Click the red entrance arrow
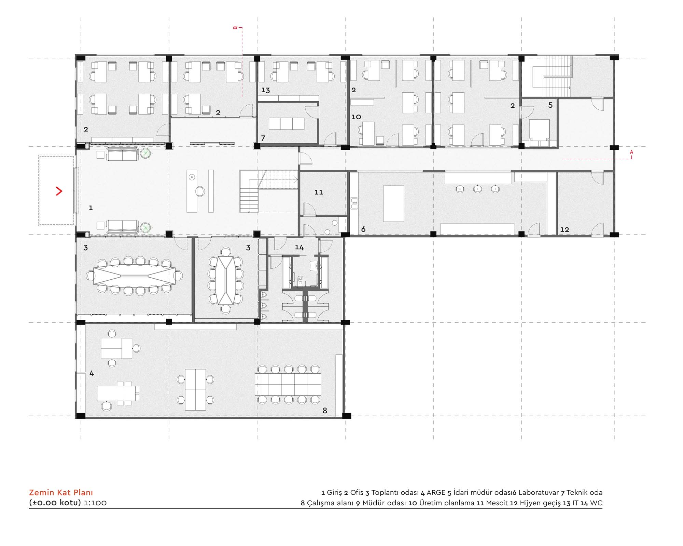(59, 191)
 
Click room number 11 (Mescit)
(319, 192)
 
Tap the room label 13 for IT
(265, 90)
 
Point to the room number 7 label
(263, 138)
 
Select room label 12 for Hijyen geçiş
(564, 230)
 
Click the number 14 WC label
(299, 247)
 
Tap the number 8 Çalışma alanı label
(325, 411)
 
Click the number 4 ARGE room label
(92, 373)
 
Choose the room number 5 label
(550, 105)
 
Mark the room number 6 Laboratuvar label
(363, 229)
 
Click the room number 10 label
(356, 117)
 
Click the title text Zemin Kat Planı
(61, 492)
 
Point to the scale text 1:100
(95, 503)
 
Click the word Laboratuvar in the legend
(539, 493)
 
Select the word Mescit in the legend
(497, 503)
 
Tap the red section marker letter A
(631, 152)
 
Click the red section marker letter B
(235, 28)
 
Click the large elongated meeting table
(134, 275)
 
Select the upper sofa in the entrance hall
(122, 154)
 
